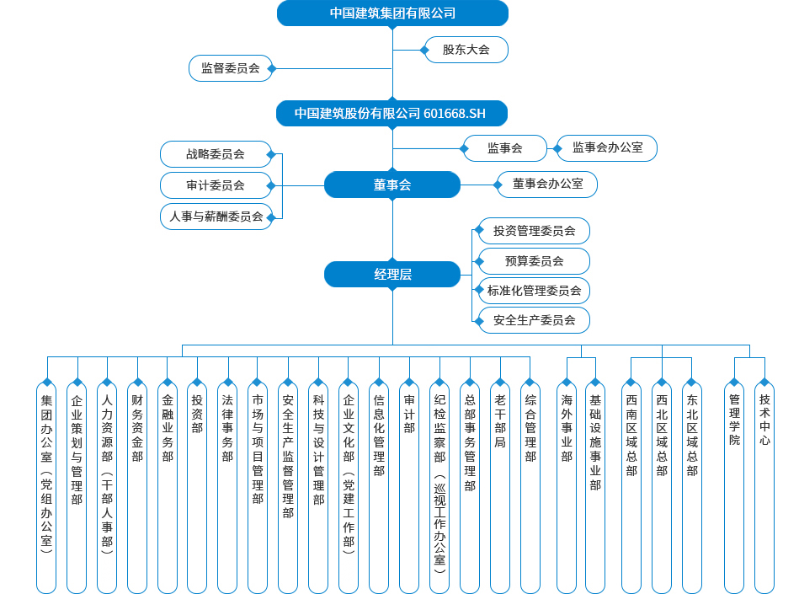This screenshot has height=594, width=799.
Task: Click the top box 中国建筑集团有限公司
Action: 392,13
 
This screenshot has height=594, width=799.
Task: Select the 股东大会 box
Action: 466,50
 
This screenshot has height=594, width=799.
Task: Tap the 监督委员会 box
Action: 230,68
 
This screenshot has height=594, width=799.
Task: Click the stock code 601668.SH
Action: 455,113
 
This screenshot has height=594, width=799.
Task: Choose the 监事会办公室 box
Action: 607,148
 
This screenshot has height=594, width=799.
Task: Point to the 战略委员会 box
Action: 216,154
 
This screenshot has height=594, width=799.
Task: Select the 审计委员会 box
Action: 216,185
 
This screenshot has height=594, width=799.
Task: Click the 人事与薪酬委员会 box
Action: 216,216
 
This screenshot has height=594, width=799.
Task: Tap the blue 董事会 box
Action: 392,185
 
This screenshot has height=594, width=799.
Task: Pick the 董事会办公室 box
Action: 547,185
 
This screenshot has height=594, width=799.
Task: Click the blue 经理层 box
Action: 392,274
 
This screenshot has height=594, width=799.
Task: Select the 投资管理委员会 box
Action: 534,231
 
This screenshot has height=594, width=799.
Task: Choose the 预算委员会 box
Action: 534,260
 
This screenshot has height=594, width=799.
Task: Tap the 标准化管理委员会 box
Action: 534,291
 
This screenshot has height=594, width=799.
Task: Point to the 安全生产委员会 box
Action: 534,320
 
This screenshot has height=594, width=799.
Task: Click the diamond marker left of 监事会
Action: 464,148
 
